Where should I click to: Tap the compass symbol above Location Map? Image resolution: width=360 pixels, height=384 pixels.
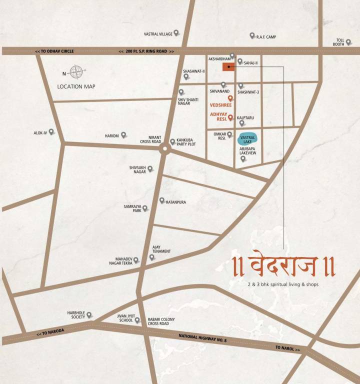pos(76,72)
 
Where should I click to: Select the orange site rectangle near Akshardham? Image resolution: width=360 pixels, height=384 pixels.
pos(228,67)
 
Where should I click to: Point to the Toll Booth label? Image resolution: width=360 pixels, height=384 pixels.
pos(340,42)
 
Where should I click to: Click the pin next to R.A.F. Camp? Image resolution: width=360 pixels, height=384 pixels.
pos(252,36)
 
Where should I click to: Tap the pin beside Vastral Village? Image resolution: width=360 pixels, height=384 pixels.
pos(176,33)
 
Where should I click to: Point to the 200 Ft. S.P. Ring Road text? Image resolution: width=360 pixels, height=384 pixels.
pos(146,51)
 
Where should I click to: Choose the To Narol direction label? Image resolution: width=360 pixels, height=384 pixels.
pos(287,348)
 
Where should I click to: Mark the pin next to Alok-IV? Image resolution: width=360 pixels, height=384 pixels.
pos(51,132)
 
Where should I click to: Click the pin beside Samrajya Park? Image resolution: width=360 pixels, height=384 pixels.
pos(145,208)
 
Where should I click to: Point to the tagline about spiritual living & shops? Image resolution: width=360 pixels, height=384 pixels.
pos(282,284)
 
